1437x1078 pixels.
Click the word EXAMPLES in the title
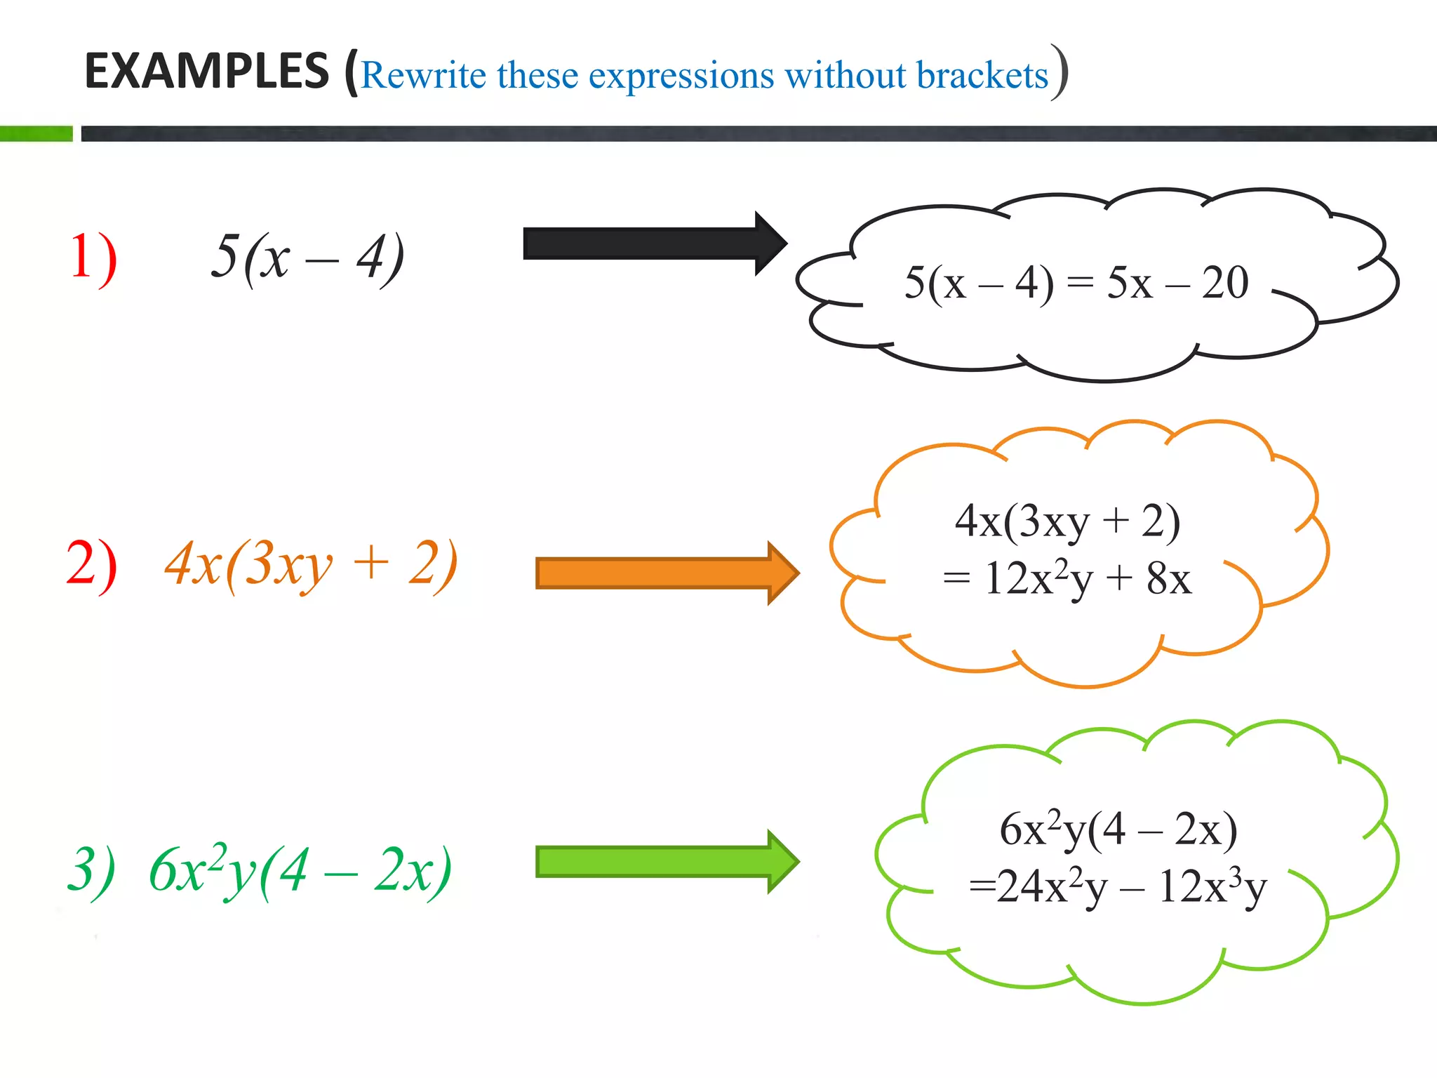[206, 71]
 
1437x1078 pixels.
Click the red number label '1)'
[93, 258]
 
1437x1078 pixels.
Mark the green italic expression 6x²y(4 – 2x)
[300, 871]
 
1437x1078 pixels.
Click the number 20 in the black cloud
[1224, 283]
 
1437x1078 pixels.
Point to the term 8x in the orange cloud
[1168, 579]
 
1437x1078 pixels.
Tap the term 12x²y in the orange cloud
[1038, 579]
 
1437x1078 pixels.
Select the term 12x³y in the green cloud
[1212, 887]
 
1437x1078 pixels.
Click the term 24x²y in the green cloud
[1051, 887]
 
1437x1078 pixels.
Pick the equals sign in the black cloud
[1080, 282]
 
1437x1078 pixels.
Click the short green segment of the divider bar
[36, 133]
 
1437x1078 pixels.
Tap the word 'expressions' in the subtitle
[681, 75]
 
